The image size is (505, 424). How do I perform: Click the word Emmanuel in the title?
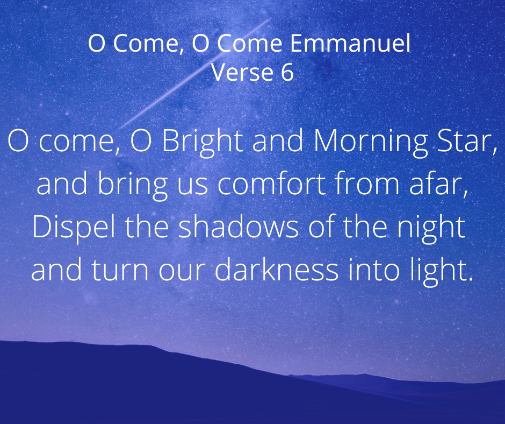click(350, 43)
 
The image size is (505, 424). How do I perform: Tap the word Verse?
click(242, 72)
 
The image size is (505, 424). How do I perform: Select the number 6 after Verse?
click(287, 72)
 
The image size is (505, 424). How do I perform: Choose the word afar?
click(438, 184)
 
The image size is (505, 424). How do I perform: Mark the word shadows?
click(239, 227)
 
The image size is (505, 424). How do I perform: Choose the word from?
click(367, 183)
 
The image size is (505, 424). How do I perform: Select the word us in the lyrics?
click(192, 187)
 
